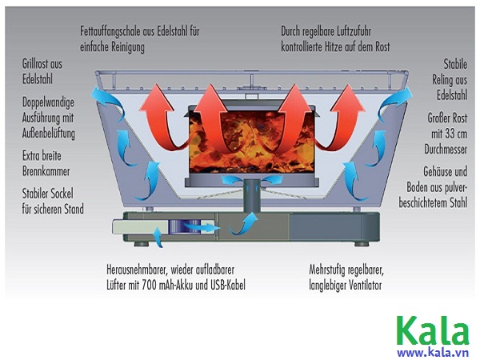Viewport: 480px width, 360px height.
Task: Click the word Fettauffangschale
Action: pyautogui.click(x=114, y=31)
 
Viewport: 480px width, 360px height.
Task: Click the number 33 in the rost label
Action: pyautogui.click(x=429, y=134)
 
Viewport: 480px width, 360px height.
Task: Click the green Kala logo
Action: pyautogui.click(x=433, y=330)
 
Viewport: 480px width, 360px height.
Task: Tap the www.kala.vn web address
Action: pyautogui.click(x=433, y=351)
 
